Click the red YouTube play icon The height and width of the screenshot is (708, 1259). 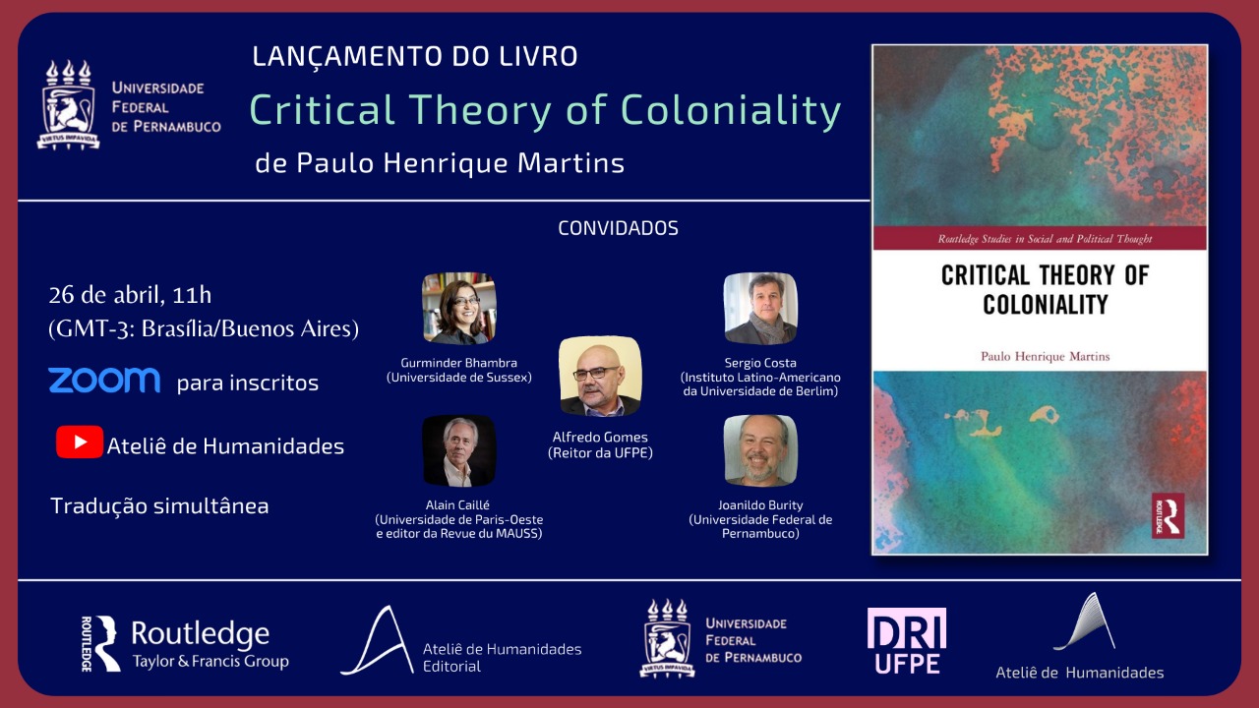(x=80, y=442)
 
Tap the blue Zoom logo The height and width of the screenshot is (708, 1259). (x=104, y=381)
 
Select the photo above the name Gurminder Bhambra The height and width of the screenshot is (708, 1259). (x=458, y=308)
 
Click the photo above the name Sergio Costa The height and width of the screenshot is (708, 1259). (x=760, y=308)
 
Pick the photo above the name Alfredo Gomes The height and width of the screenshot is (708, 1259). (x=600, y=376)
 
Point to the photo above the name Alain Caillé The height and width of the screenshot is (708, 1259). (x=458, y=450)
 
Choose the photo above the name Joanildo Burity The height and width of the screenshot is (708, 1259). (x=760, y=450)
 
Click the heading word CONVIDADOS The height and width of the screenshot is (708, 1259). (x=619, y=228)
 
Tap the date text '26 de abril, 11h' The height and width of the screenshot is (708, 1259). (x=130, y=295)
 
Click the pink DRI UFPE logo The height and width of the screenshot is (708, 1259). (x=907, y=640)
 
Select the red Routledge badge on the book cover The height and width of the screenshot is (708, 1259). (x=1168, y=516)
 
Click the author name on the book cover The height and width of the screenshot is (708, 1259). (x=1045, y=356)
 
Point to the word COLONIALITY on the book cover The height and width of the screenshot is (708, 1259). (x=1045, y=305)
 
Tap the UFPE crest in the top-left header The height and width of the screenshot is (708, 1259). (x=68, y=105)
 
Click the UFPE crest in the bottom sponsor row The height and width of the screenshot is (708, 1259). (x=667, y=638)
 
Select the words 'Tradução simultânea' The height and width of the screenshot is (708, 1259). (x=159, y=505)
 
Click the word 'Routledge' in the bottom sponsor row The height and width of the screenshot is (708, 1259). (x=201, y=634)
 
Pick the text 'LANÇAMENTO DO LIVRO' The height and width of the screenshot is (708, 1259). (x=415, y=56)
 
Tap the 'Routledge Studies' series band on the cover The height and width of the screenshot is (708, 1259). (x=1040, y=238)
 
